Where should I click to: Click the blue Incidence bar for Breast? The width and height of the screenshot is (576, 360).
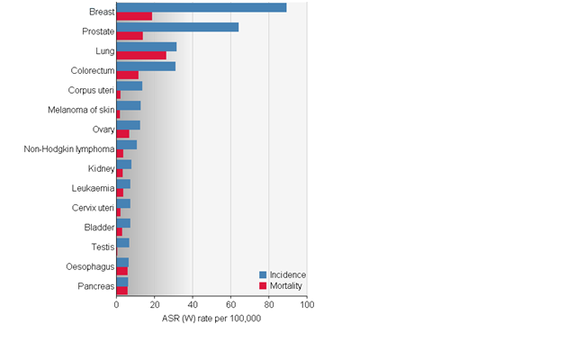pos(201,7)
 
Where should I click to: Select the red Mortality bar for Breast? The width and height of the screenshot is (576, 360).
pos(134,16)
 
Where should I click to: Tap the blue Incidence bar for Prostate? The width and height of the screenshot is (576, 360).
pos(177,27)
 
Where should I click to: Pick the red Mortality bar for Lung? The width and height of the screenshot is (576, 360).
pos(141,56)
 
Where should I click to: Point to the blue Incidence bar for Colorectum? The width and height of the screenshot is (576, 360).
pos(146,66)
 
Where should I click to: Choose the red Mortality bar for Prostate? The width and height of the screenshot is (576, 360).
pos(130,36)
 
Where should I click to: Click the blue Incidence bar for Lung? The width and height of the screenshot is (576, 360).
pos(147,47)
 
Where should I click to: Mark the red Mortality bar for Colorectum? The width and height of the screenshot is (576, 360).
pos(128,75)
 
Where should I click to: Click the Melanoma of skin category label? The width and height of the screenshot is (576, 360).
pos(81,110)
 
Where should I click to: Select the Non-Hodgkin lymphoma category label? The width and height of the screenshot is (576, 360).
pos(69,148)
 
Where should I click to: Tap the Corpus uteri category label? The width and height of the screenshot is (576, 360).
pos(91,90)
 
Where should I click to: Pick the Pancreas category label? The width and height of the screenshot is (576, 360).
pos(95,286)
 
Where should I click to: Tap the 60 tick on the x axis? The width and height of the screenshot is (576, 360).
pos(230,305)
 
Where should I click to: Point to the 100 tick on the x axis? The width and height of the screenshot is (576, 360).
pos(307,305)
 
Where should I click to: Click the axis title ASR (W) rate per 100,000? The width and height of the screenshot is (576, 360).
pos(211,319)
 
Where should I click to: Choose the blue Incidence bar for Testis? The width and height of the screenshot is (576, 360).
pos(122,242)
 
